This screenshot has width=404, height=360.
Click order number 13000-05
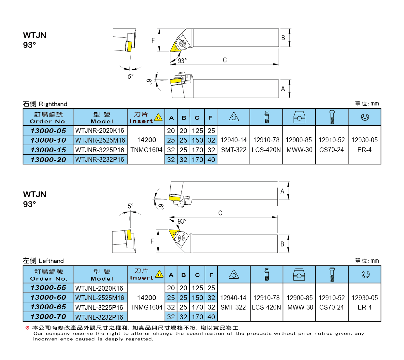48,131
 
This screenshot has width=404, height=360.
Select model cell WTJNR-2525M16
100,140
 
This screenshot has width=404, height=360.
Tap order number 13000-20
48,160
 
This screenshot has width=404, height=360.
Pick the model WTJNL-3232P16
99,317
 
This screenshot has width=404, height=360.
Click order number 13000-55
48,288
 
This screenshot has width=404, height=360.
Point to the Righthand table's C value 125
197,131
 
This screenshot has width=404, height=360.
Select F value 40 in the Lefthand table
211,317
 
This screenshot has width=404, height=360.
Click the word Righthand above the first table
53,104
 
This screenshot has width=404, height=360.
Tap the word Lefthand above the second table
51,261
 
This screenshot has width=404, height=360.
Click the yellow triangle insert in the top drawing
174,48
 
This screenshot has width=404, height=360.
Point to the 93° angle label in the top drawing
182,61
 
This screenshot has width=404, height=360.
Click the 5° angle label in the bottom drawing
131,206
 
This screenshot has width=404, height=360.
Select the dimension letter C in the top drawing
225,60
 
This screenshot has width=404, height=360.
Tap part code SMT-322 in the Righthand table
234,150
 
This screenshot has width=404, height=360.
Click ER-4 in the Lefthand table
365,307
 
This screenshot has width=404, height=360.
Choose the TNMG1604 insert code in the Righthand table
146,150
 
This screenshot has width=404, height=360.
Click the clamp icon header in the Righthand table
299,117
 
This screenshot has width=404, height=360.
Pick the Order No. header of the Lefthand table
48,275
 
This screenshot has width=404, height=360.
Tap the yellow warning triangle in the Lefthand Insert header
159,274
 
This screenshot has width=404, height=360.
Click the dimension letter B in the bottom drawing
282,244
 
